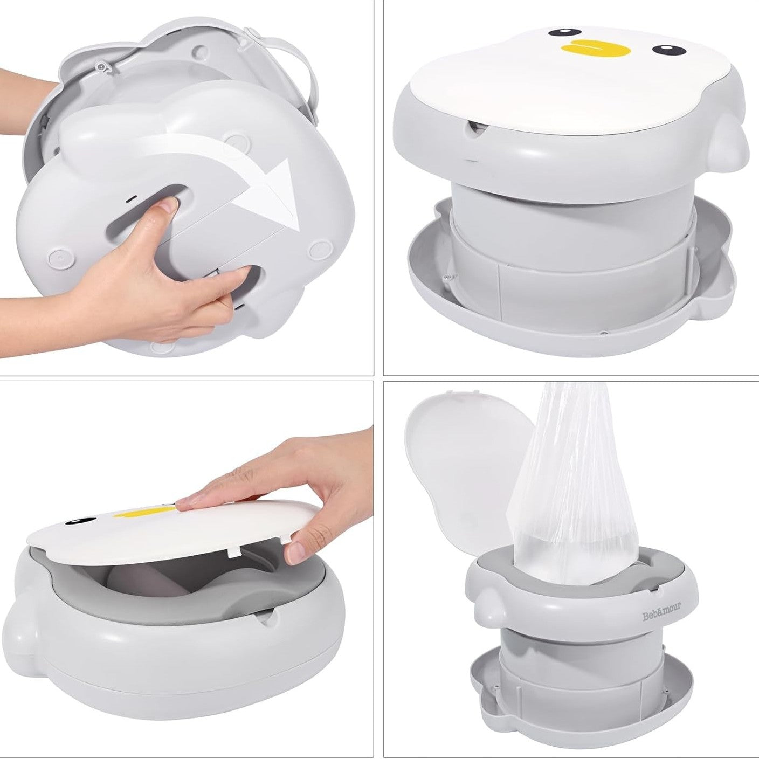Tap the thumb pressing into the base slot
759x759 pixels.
[x=171, y=204]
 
